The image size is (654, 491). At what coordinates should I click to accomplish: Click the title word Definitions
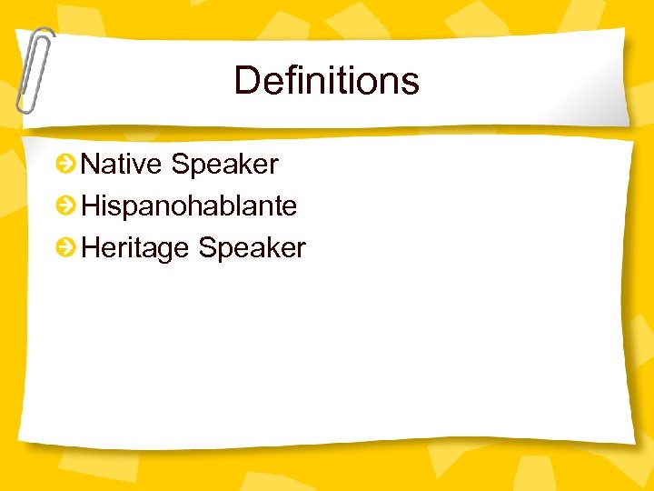click(x=326, y=80)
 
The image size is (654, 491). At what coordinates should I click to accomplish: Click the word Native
click(x=122, y=165)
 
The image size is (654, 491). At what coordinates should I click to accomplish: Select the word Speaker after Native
click(x=224, y=165)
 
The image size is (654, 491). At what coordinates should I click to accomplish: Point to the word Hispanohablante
click(x=189, y=206)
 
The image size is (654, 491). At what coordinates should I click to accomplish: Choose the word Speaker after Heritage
click(x=252, y=248)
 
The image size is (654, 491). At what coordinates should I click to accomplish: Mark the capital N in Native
click(x=91, y=165)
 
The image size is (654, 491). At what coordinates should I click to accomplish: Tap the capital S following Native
click(x=179, y=165)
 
